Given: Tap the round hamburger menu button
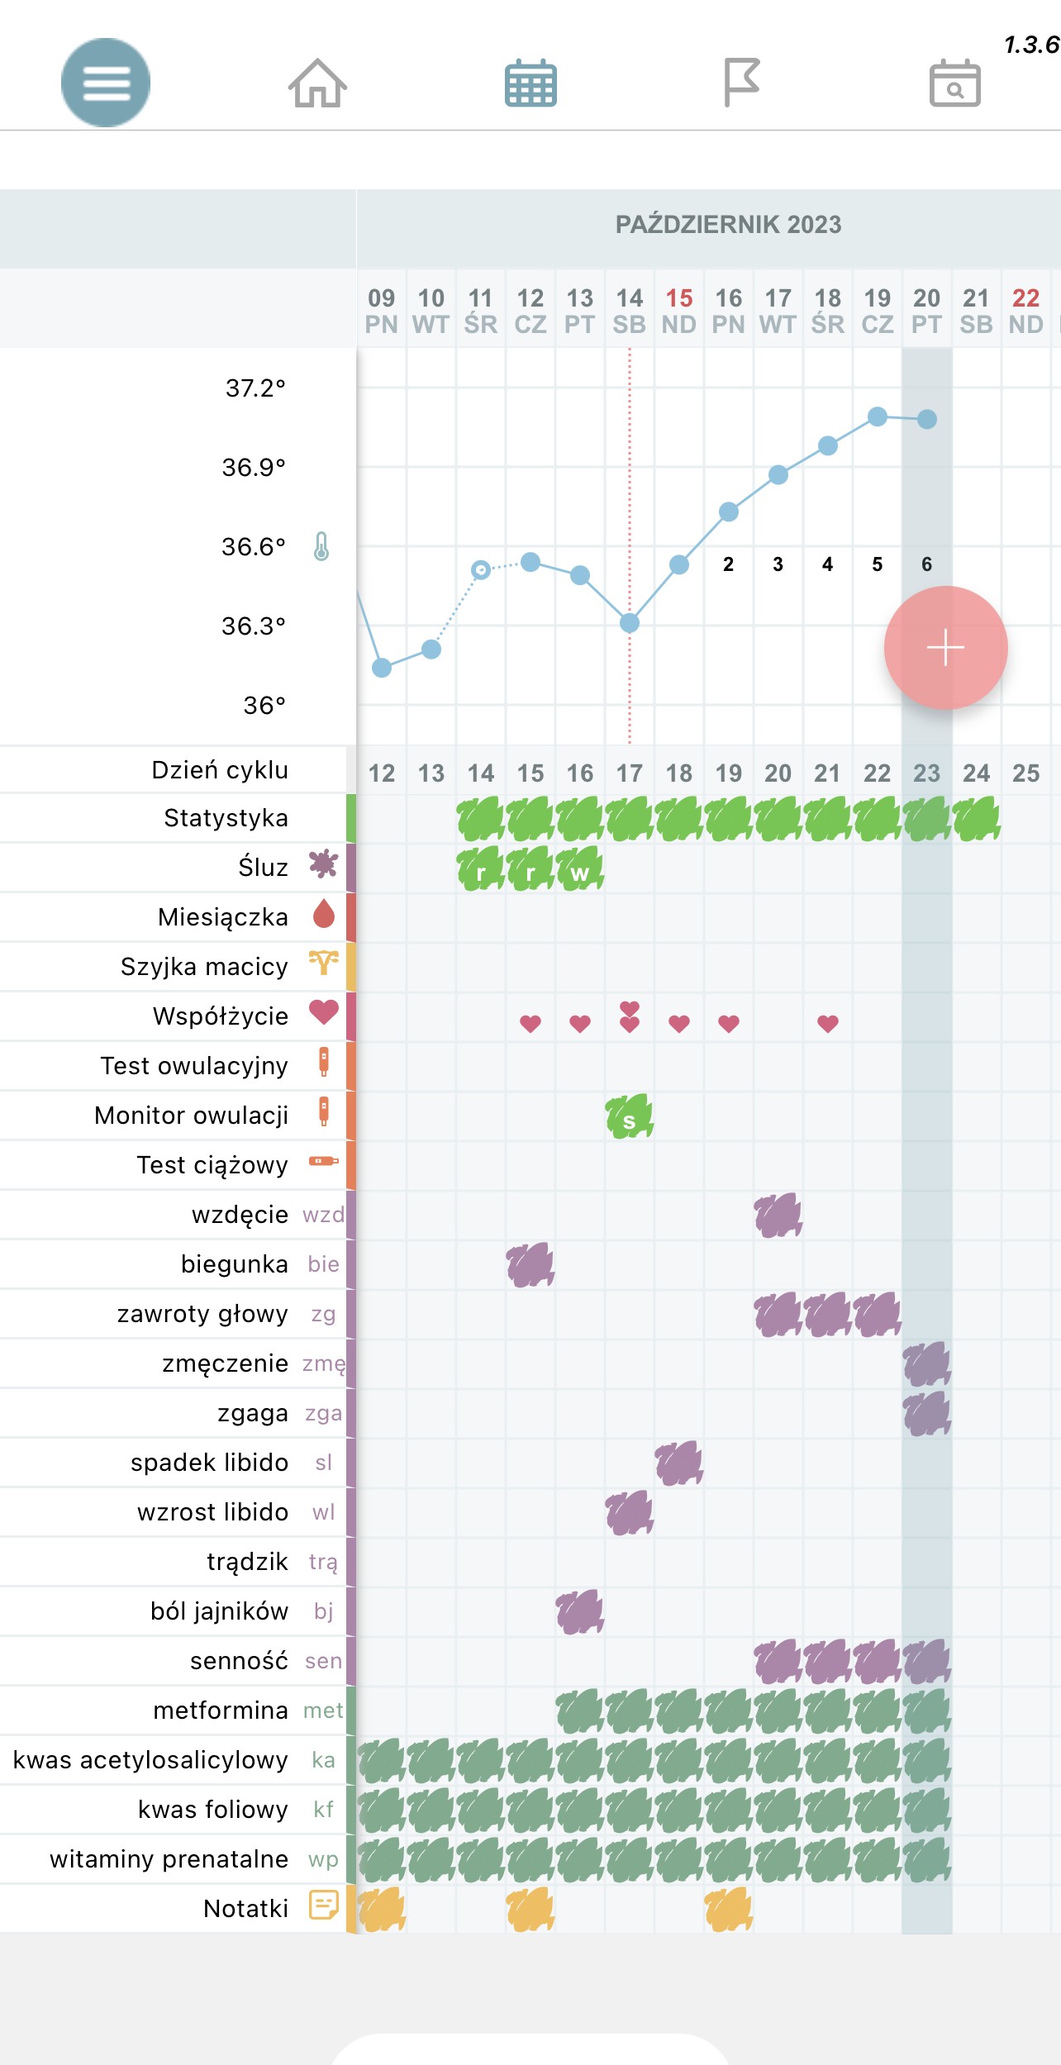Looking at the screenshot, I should click(x=106, y=83).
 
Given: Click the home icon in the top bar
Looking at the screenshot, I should click(x=317, y=83).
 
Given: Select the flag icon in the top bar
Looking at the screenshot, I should click(x=741, y=82).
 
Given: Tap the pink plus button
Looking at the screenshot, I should click(x=945, y=648).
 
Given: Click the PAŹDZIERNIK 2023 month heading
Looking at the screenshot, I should click(x=728, y=225).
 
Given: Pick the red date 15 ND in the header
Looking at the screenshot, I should click(x=679, y=311).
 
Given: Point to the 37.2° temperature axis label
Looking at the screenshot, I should click(x=255, y=388).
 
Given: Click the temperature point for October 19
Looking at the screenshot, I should click(x=878, y=416).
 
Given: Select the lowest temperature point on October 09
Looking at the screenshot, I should click(x=382, y=668).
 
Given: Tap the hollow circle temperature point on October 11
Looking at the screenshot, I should click(x=481, y=569).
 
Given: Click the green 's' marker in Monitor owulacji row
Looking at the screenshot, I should click(x=630, y=1117).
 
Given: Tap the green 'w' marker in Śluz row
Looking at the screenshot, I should click(x=580, y=869).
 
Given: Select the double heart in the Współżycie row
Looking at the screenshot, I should click(x=630, y=1017).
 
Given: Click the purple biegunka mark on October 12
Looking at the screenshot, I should click(x=530, y=1265).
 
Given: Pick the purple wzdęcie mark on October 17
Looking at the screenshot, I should click(x=778, y=1216).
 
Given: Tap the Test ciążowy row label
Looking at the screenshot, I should click(x=212, y=1165).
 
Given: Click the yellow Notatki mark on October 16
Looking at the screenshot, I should click(x=728, y=1910).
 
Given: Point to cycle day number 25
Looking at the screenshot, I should click(x=1025, y=773).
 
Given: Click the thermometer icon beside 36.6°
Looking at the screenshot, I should click(x=321, y=546).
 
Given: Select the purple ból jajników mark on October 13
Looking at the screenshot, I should click(x=580, y=1612).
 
